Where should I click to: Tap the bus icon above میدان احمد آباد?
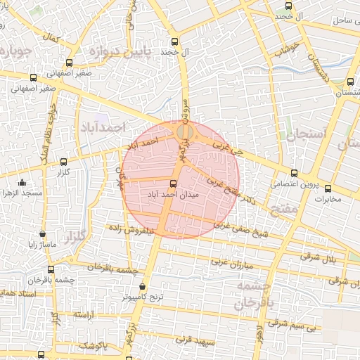pos(174,184)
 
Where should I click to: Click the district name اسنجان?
pos(307,133)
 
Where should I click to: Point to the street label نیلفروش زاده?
pos(131,229)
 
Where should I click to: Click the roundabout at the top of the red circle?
pos(184,131)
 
